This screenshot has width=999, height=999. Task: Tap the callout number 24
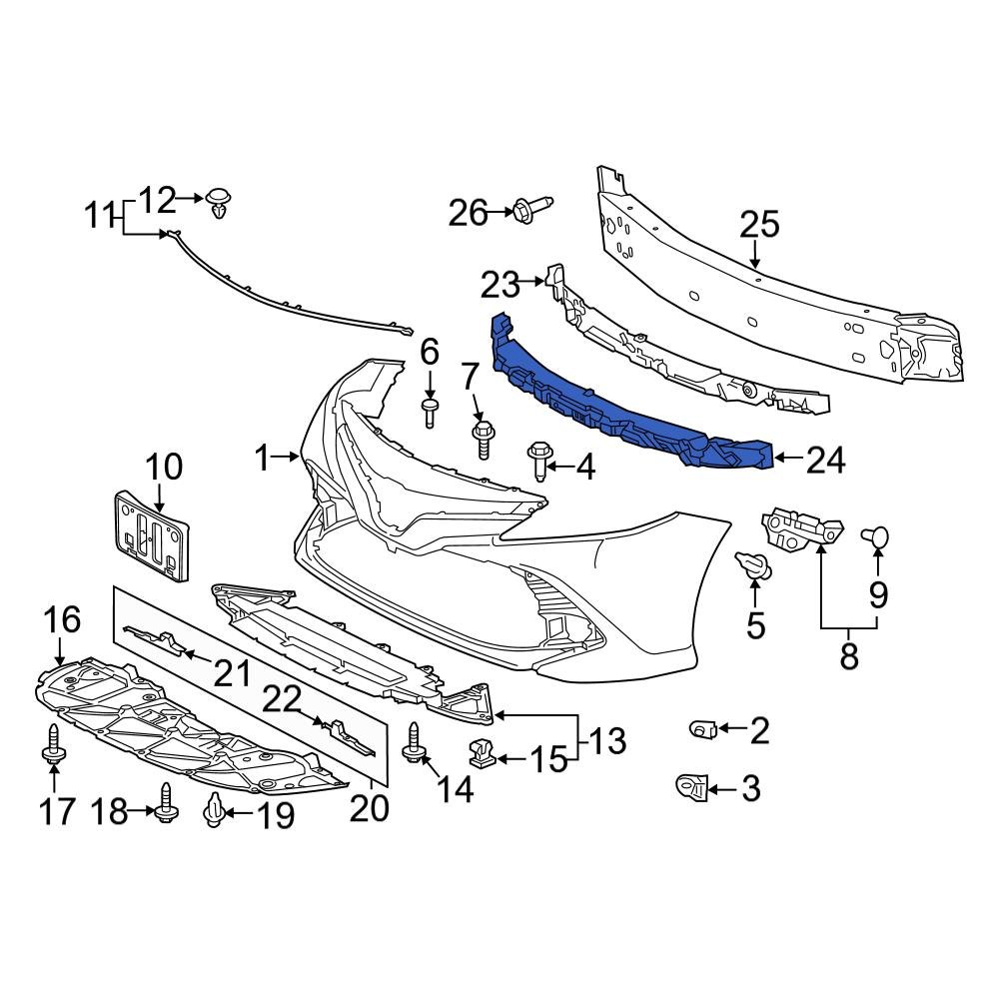(825, 461)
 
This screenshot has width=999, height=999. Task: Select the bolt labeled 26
(530, 210)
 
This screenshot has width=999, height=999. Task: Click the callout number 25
(759, 226)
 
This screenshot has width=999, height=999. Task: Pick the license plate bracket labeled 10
(151, 535)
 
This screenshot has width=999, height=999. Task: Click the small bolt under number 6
(430, 411)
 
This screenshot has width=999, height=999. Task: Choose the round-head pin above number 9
(877, 537)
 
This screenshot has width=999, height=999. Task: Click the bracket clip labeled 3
(692, 788)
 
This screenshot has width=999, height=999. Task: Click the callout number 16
(62, 619)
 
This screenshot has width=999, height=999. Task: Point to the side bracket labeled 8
(802, 529)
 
